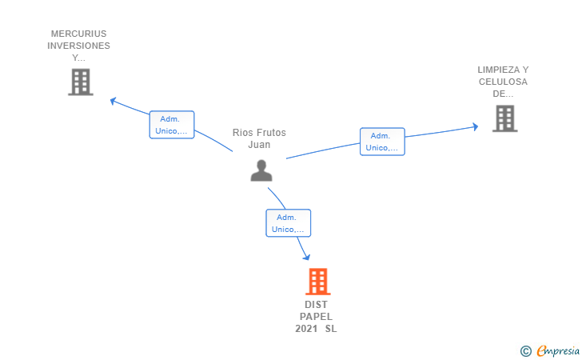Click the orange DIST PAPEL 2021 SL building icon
(x=317, y=282)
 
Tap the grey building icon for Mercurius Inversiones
(x=80, y=82)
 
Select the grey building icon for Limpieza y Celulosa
(x=504, y=118)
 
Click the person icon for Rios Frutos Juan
(x=261, y=170)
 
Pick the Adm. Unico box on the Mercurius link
(x=172, y=125)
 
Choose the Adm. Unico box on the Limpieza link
(x=382, y=142)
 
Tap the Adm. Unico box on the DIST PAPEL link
(x=288, y=223)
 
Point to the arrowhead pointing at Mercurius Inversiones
(x=114, y=101)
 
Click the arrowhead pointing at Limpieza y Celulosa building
(x=475, y=126)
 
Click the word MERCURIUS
(x=78, y=34)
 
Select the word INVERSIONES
(x=78, y=46)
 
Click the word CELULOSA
(x=503, y=82)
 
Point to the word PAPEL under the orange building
(x=316, y=317)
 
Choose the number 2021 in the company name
(x=306, y=329)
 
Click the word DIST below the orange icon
(x=316, y=305)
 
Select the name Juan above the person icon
(x=259, y=145)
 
